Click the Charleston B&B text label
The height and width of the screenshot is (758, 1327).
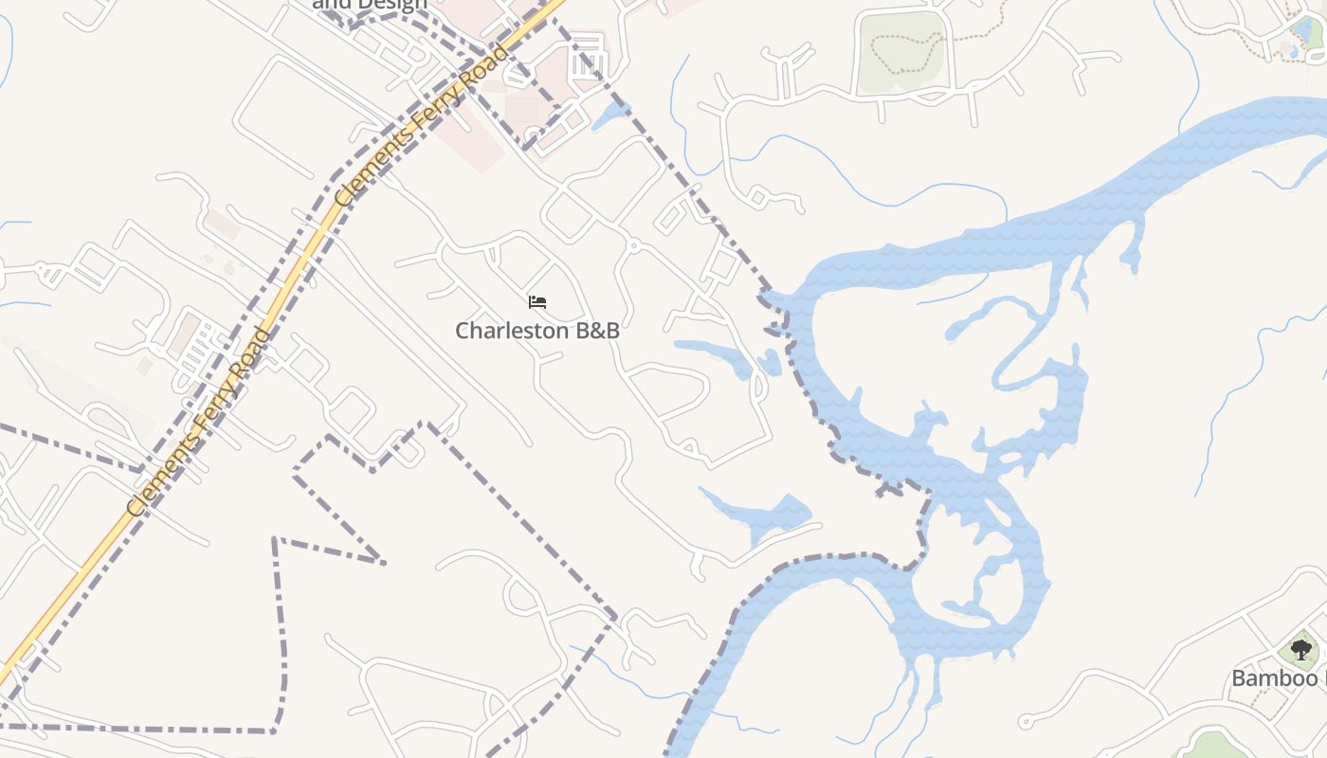click(x=537, y=331)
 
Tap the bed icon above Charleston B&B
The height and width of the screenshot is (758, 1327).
click(x=537, y=302)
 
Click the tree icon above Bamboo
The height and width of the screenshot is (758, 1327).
click(x=1301, y=650)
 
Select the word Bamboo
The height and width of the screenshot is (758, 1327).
click(x=1275, y=678)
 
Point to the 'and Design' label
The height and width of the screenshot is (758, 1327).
click(x=370, y=5)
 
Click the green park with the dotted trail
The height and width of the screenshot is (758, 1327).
click(x=900, y=52)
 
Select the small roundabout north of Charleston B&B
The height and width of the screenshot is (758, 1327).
click(x=633, y=246)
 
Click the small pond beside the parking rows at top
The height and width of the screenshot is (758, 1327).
click(x=609, y=116)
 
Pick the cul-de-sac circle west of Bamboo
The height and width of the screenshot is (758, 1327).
click(x=1025, y=722)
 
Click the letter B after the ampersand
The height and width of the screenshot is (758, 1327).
click(x=611, y=331)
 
